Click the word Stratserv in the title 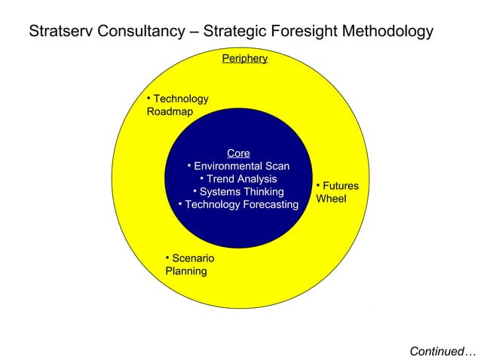point(60,32)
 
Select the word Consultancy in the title point(141,32)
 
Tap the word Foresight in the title point(304,32)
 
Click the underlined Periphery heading point(244,58)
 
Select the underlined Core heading point(238,153)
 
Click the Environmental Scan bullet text point(241,166)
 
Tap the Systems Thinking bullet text point(241,192)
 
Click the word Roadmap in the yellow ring point(170,112)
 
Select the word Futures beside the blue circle point(341,186)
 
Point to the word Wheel point(331,199)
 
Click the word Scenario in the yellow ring point(193,258)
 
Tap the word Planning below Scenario point(186,271)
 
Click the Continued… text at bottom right point(443,351)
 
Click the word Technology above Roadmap point(181,99)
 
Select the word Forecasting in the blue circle point(269,205)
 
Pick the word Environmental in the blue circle point(228,166)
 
